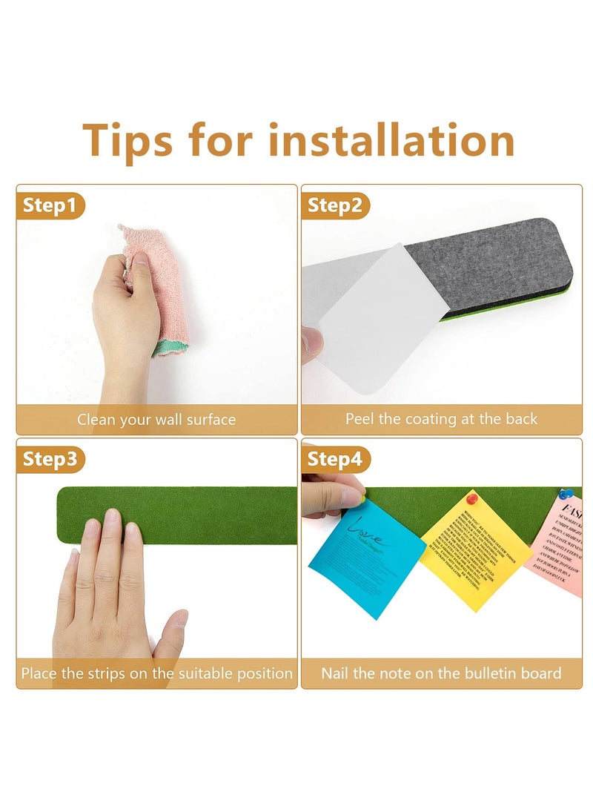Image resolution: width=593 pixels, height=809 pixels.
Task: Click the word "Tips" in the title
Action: coord(127,139)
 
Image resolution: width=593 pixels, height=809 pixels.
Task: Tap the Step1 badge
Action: coord(50,205)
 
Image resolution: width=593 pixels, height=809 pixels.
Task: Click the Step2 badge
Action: coord(335,205)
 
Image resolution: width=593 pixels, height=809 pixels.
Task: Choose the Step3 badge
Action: coord(50,459)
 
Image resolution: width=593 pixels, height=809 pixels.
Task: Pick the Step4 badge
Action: coord(335,459)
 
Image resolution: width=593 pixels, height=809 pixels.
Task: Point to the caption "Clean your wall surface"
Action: coord(156,420)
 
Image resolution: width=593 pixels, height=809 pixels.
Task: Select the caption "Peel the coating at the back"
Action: coord(441,419)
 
